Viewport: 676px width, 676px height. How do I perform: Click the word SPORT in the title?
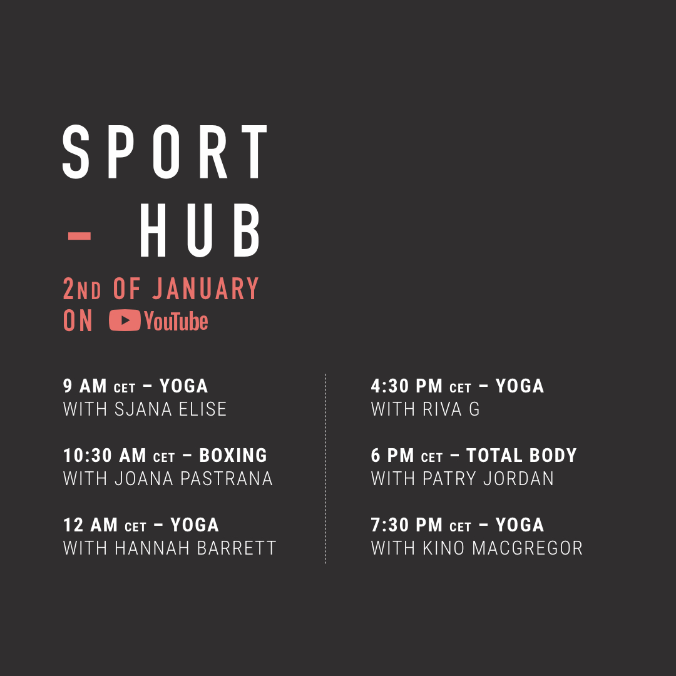(x=165, y=151)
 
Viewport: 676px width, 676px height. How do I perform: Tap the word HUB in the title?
(x=200, y=230)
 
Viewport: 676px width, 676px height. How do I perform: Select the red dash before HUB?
(x=79, y=236)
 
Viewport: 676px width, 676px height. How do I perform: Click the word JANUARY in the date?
(x=206, y=289)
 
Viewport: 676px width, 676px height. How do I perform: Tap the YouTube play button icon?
(x=125, y=320)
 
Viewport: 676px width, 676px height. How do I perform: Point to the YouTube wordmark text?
(x=177, y=321)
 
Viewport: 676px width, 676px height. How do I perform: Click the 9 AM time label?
(x=84, y=386)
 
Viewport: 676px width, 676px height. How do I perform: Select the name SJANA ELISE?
(x=171, y=409)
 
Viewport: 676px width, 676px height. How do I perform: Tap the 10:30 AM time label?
(x=105, y=455)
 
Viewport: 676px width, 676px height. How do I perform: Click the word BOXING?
(x=233, y=455)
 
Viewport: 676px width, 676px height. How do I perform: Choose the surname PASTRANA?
(x=227, y=479)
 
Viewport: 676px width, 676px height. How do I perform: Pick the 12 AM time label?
(x=90, y=525)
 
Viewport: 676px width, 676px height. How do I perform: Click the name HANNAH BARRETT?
(x=195, y=548)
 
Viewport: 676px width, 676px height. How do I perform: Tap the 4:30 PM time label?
(x=407, y=386)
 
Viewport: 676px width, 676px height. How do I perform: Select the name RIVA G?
(x=451, y=409)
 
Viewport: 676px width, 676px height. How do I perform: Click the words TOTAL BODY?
(x=521, y=455)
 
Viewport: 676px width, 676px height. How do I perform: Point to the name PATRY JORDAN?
(x=488, y=479)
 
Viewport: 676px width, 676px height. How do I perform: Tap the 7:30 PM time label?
(x=407, y=525)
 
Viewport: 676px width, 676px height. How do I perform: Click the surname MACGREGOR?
(x=527, y=548)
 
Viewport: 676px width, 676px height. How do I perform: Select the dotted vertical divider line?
(x=325, y=469)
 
